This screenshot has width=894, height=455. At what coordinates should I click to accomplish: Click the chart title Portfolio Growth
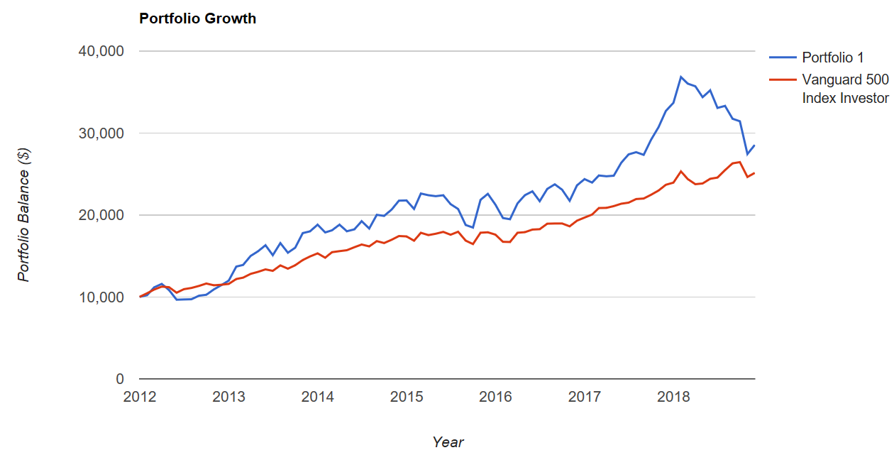(x=197, y=19)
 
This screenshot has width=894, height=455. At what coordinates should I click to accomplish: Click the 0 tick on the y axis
(x=120, y=379)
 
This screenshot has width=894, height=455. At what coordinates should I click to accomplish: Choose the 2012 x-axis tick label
(x=139, y=396)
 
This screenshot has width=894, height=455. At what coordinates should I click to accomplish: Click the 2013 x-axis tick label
(x=228, y=396)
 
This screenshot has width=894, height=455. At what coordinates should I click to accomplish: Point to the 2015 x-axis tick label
(x=407, y=396)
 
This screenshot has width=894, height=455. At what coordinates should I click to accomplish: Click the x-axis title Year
(x=448, y=442)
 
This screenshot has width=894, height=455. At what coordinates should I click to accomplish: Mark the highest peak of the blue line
(x=680, y=77)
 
